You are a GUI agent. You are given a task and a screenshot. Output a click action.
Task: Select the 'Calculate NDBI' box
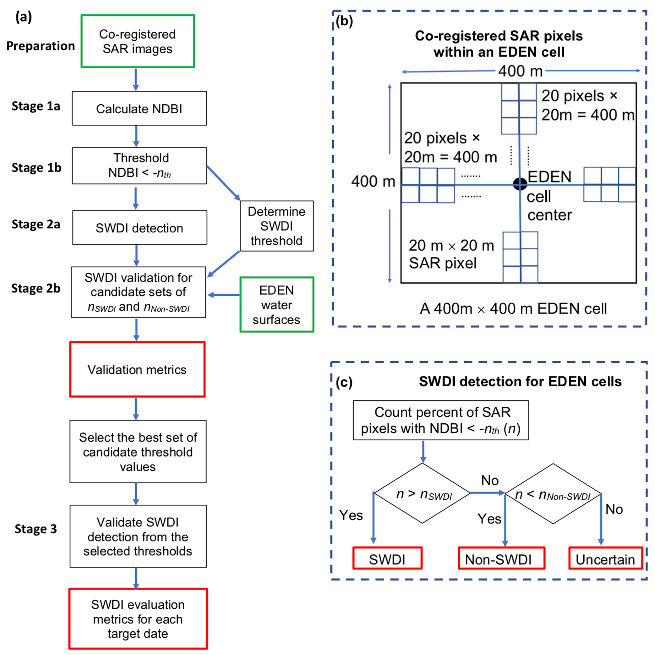click(139, 109)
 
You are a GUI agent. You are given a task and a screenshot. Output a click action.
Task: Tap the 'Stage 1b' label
click(36, 167)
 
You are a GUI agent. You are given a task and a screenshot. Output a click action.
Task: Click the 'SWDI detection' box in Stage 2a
click(139, 228)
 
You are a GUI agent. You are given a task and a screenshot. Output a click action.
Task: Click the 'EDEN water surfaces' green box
click(277, 304)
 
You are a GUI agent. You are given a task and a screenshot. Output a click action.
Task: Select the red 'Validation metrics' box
click(137, 370)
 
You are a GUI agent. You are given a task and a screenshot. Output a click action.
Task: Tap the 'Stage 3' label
click(36, 529)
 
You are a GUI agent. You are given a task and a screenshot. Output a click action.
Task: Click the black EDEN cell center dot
click(520, 184)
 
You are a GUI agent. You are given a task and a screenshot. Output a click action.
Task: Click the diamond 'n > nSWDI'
click(422, 493)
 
